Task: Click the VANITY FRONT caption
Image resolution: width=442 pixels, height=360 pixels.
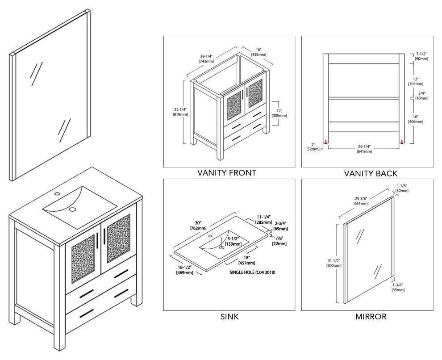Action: pyautogui.click(x=226, y=173)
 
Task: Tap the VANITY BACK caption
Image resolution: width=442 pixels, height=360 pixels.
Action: pyautogui.click(x=371, y=173)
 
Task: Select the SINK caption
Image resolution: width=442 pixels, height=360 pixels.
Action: pyautogui.click(x=229, y=317)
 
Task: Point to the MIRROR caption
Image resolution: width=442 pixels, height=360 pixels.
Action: pyautogui.click(x=371, y=317)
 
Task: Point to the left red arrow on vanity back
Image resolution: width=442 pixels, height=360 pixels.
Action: pyautogui.click(x=326, y=142)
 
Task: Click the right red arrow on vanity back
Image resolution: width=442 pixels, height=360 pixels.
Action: pyautogui.click(x=402, y=142)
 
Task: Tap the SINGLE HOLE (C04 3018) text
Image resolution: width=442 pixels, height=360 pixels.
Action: pyautogui.click(x=252, y=272)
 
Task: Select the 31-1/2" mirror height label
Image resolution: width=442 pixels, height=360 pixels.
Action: pyautogui.click(x=334, y=262)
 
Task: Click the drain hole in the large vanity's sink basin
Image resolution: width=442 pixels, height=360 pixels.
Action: pyautogui.click(x=72, y=209)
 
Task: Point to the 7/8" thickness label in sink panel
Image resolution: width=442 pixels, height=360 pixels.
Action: pyautogui.click(x=279, y=240)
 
